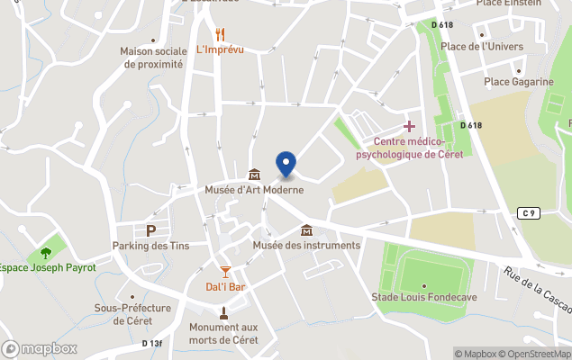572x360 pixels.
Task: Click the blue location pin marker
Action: [286, 164]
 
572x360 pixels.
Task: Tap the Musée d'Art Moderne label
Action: [253, 190]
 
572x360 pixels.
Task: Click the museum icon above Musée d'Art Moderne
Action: [253, 174]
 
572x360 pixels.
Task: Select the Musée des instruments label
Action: [306, 245]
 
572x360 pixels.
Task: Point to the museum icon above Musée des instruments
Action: [306, 229]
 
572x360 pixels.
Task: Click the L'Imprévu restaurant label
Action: [220, 49]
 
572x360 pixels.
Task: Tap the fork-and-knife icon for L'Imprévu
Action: [220, 34]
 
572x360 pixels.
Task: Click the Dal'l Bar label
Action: [225, 286]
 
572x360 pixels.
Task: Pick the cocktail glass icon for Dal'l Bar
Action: [225, 271]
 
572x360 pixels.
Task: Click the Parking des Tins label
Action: [150, 246]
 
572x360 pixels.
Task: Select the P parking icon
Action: [150, 230]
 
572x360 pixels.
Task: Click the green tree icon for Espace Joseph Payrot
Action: [45, 252]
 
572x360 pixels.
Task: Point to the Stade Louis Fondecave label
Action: [424, 297]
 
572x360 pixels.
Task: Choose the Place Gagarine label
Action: [519, 82]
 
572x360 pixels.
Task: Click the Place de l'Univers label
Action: [494, 46]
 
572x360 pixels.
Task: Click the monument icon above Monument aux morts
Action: [223, 313]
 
